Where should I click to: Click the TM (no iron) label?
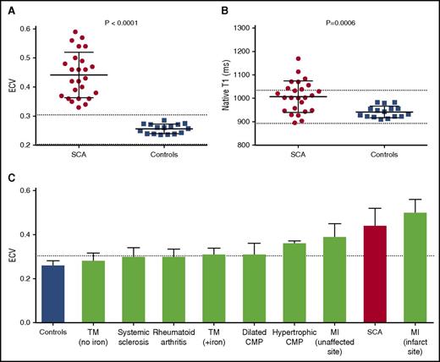coord(93,339)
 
